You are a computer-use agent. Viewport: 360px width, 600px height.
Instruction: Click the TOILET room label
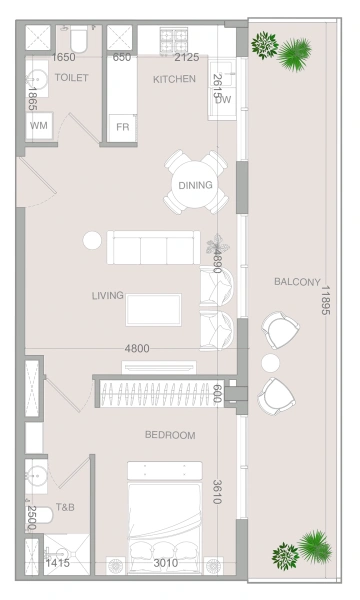pyautogui.click(x=72, y=77)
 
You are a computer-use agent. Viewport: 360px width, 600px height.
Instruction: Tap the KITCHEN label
pyautogui.click(x=174, y=78)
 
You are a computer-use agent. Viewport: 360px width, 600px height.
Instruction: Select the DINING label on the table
pyautogui.click(x=195, y=185)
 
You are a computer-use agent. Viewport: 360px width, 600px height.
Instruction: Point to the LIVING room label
pyautogui.click(x=107, y=295)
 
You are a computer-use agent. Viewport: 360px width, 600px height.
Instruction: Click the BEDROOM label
pyautogui.click(x=170, y=435)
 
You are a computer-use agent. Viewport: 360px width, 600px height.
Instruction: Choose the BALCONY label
pyautogui.click(x=297, y=282)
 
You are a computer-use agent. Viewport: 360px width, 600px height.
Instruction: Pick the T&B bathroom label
pyautogui.click(x=66, y=507)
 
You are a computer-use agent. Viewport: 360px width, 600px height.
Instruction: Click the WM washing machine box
pyautogui.click(x=39, y=126)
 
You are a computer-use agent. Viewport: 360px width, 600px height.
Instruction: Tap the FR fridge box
pyautogui.click(x=122, y=127)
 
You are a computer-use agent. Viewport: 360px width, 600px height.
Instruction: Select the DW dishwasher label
pyautogui.click(x=223, y=99)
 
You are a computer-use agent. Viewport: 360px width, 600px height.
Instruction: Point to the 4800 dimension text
pyautogui.click(x=137, y=348)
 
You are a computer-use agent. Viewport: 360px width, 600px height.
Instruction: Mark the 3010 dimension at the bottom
pyautogui.click(x=165, y=564)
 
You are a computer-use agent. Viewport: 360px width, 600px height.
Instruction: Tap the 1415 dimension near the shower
pyautogui.click(x=57, y=564)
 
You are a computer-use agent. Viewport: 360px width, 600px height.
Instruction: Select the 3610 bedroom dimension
pyautogui.click(x=217, y=491)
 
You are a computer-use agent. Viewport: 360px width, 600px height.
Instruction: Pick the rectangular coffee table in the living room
pyautogui.click(x=153, y=309)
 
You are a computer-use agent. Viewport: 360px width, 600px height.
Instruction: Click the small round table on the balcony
pyautogui.click(x=270, y=361)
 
